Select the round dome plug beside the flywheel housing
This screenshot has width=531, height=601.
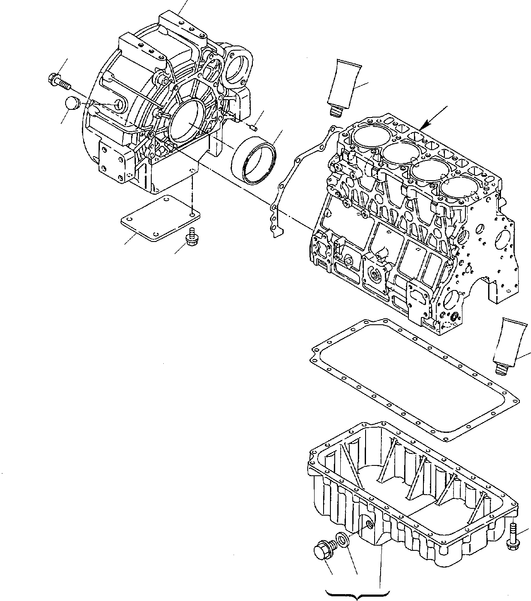tap(72, 104)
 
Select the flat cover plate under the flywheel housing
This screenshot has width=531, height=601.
tap(159, 218)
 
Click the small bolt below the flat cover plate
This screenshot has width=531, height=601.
tap(189, 237)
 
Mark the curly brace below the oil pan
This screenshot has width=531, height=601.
tap(358, 594)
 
